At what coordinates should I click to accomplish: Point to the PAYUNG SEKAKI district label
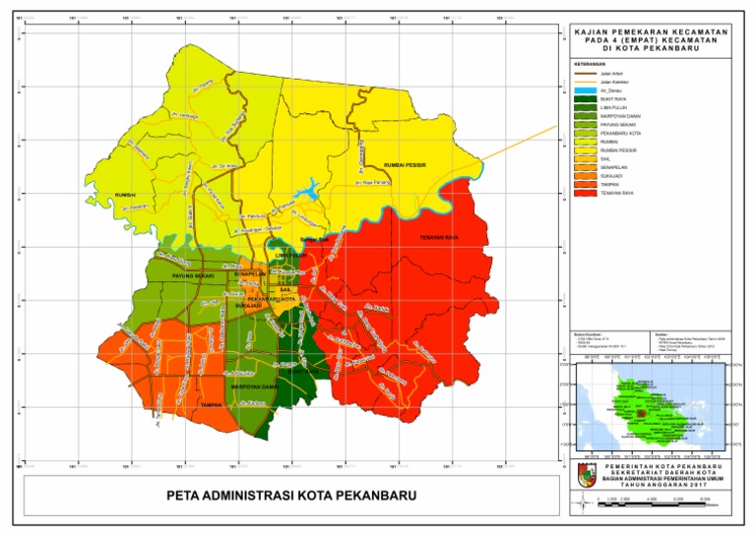point(193,278)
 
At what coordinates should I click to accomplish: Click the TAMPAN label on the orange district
point(208,405)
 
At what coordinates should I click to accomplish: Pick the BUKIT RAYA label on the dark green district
point(295,373)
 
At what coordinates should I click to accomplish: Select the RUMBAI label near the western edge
point(124,195)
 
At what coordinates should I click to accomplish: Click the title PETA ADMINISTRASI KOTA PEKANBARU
point(291,494)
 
